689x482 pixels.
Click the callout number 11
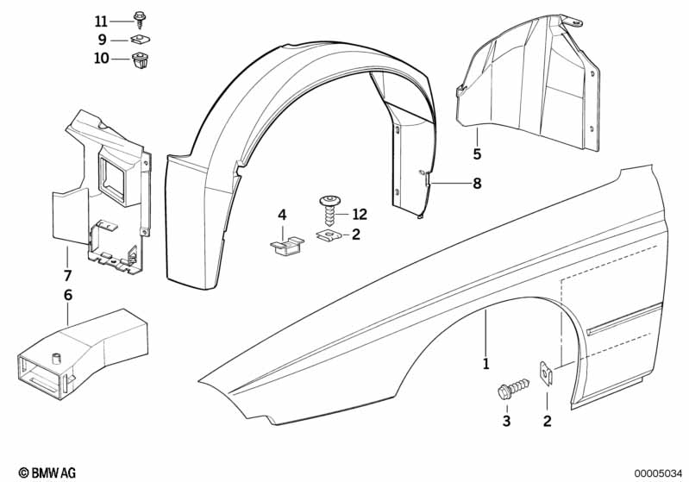click(x=102, y=22)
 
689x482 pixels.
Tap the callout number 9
click(x=102, y=40)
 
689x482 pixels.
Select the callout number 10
click(x=102, y=59)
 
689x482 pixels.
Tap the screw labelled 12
click(x=329, y=210)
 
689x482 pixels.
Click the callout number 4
click(x=281, y=214)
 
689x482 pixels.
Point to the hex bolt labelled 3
click(x=510, y=391)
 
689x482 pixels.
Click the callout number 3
click(x=506, y=422)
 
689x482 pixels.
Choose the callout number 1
click(x=486, y=364)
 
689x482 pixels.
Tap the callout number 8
click(x=477, y=183)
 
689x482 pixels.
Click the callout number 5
click(x=477, y=155)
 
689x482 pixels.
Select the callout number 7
click(x=67, y=276)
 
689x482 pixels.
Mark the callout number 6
click(x=67, y=295)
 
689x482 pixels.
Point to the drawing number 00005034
click(x=655, y=473)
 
